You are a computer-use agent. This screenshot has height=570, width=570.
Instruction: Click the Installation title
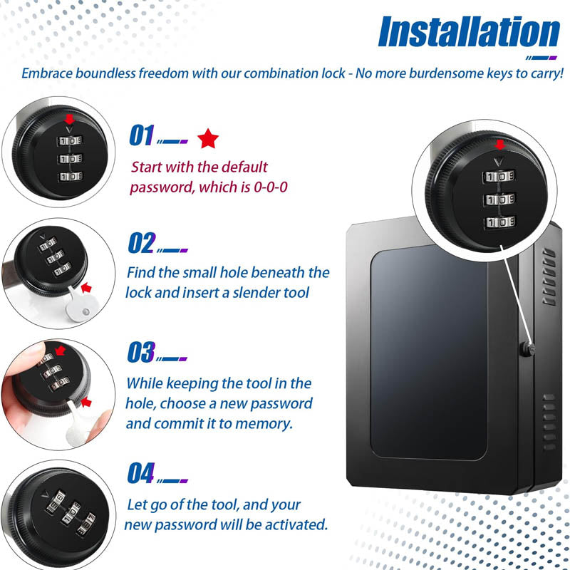pyautogui.click(x=470, y=33)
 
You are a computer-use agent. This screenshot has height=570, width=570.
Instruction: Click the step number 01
pyautogui.click(x=141, y=135)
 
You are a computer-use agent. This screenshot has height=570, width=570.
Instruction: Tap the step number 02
pyautogui.click(x=141, y=243)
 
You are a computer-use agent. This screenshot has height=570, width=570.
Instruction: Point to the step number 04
pyautogui.click(x=141, y=472)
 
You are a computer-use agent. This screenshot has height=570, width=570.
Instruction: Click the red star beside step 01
pyautogui.click(x=208, y=138)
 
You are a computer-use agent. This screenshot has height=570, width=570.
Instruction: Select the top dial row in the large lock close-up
pyautogui.click(x=499, y=175)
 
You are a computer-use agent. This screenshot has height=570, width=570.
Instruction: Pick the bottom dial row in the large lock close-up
pyautogui.click(x=499, y=223)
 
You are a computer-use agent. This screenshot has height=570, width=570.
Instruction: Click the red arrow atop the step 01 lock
pyautogui.click(x=68, y=119)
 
